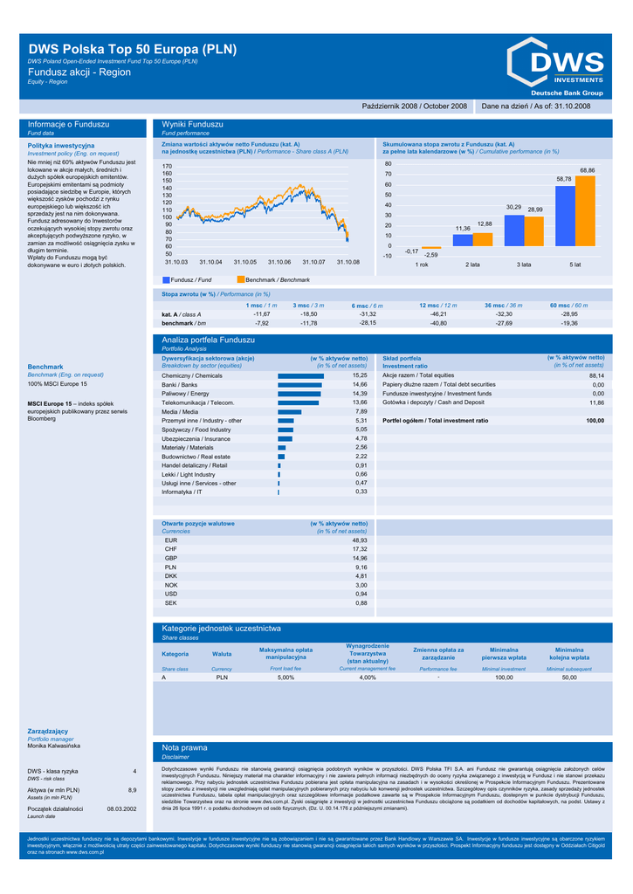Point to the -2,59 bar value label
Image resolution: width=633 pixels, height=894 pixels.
point(430,254)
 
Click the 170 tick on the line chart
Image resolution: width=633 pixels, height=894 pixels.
point(168,166)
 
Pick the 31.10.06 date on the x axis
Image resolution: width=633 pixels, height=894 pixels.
point(279,262)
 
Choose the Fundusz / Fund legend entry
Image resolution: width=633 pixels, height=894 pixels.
point(187,279)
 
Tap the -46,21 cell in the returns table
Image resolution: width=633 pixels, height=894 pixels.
point(439,313)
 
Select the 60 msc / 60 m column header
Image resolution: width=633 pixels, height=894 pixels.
point(569,305)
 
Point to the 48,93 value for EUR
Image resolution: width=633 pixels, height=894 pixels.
point(360,540)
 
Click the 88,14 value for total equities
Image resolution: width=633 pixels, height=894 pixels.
point(596,375)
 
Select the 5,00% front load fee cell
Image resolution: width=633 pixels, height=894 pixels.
point(286,677)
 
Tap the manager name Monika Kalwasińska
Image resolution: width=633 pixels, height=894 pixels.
point(54,746)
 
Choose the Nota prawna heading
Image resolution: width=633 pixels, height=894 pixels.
point(185,748)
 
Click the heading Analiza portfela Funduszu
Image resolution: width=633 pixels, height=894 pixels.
point(208,339)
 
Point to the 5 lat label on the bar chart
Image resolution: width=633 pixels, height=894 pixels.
point(575,264)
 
